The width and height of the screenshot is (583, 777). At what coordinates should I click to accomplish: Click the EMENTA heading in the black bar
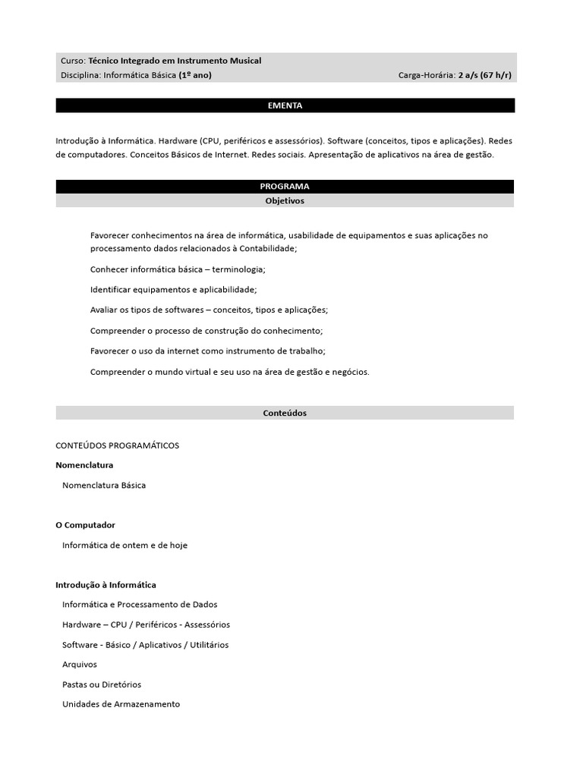click(285, 105)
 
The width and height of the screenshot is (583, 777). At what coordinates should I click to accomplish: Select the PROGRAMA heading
click(285, 186)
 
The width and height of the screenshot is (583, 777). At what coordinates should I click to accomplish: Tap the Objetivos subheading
click(285, 201)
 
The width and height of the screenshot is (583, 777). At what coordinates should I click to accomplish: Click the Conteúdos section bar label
click(285, 413)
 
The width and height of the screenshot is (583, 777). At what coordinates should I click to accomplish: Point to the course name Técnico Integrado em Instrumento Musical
click(175, 61)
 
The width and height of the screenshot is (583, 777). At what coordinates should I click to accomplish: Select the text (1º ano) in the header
click(195, 75)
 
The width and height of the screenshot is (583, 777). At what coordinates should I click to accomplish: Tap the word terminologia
click(238, 269)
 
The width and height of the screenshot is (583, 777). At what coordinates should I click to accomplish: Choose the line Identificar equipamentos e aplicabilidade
click(173, 290)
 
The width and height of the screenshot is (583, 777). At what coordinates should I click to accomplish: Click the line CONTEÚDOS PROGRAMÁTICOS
click(117, 445)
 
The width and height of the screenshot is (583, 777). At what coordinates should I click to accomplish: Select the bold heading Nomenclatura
click(84, 465)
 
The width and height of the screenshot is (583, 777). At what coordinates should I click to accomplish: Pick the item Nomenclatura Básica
click(104, 485)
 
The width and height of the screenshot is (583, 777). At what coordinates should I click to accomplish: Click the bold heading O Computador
click(85, 525)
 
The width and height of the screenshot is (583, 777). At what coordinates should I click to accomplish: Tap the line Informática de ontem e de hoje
click(124, 545)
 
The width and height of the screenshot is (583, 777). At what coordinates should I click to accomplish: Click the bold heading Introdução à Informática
click(106, 585)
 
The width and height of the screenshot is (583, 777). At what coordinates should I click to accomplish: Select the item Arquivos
click(80, 665)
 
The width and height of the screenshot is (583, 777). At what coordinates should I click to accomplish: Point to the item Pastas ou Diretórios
click(102, 684)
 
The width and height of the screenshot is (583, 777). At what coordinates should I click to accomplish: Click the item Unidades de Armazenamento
click(121, 704)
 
